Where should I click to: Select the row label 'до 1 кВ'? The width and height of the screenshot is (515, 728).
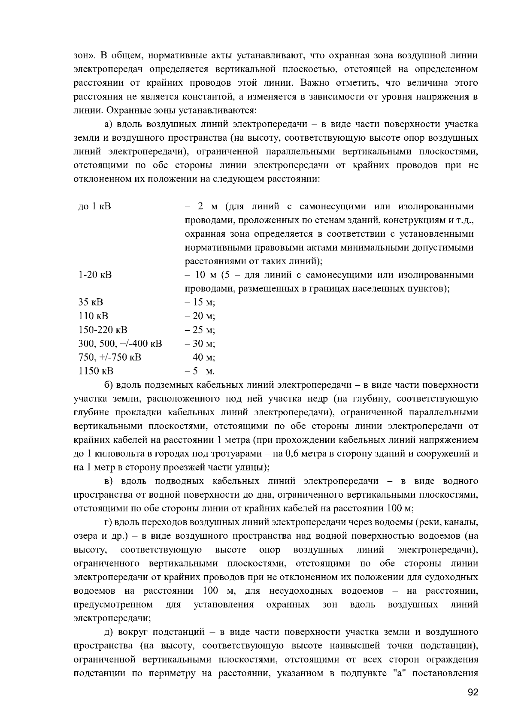click(95, 207)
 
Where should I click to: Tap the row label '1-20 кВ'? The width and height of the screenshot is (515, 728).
click(95, 275)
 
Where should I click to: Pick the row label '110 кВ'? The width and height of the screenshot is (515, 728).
click(94, 316)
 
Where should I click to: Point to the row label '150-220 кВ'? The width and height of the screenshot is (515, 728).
click(103, 330)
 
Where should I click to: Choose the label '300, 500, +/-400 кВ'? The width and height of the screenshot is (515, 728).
click(120, 344)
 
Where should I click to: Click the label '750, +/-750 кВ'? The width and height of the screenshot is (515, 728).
click(110, 357)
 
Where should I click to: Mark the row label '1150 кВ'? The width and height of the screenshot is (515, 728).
click(96, 371)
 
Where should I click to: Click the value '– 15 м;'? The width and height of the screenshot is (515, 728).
click(200, 302)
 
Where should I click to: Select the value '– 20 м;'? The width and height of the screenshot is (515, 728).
click(200, 316)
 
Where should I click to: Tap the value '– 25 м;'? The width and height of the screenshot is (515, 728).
click(200, 330)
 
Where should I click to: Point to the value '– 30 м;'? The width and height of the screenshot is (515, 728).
click(200, 344)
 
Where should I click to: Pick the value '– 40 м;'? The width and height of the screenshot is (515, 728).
click(200, 357)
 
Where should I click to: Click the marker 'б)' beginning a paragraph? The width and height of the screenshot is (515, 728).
click(109, 385)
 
